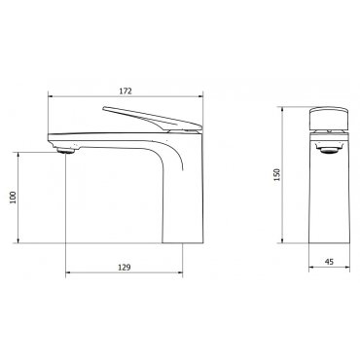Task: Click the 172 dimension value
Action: coord(126,91)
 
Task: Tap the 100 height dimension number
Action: coord(13,198)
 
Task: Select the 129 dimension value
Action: coord(124,268)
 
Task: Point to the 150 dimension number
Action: coord(277,175)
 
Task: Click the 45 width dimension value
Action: coord(329,262)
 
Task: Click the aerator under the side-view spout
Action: coord(66,150)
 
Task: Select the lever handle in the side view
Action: coord(152,119)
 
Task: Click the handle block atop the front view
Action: coord(329,118)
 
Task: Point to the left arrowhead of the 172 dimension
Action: coord(51,96)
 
